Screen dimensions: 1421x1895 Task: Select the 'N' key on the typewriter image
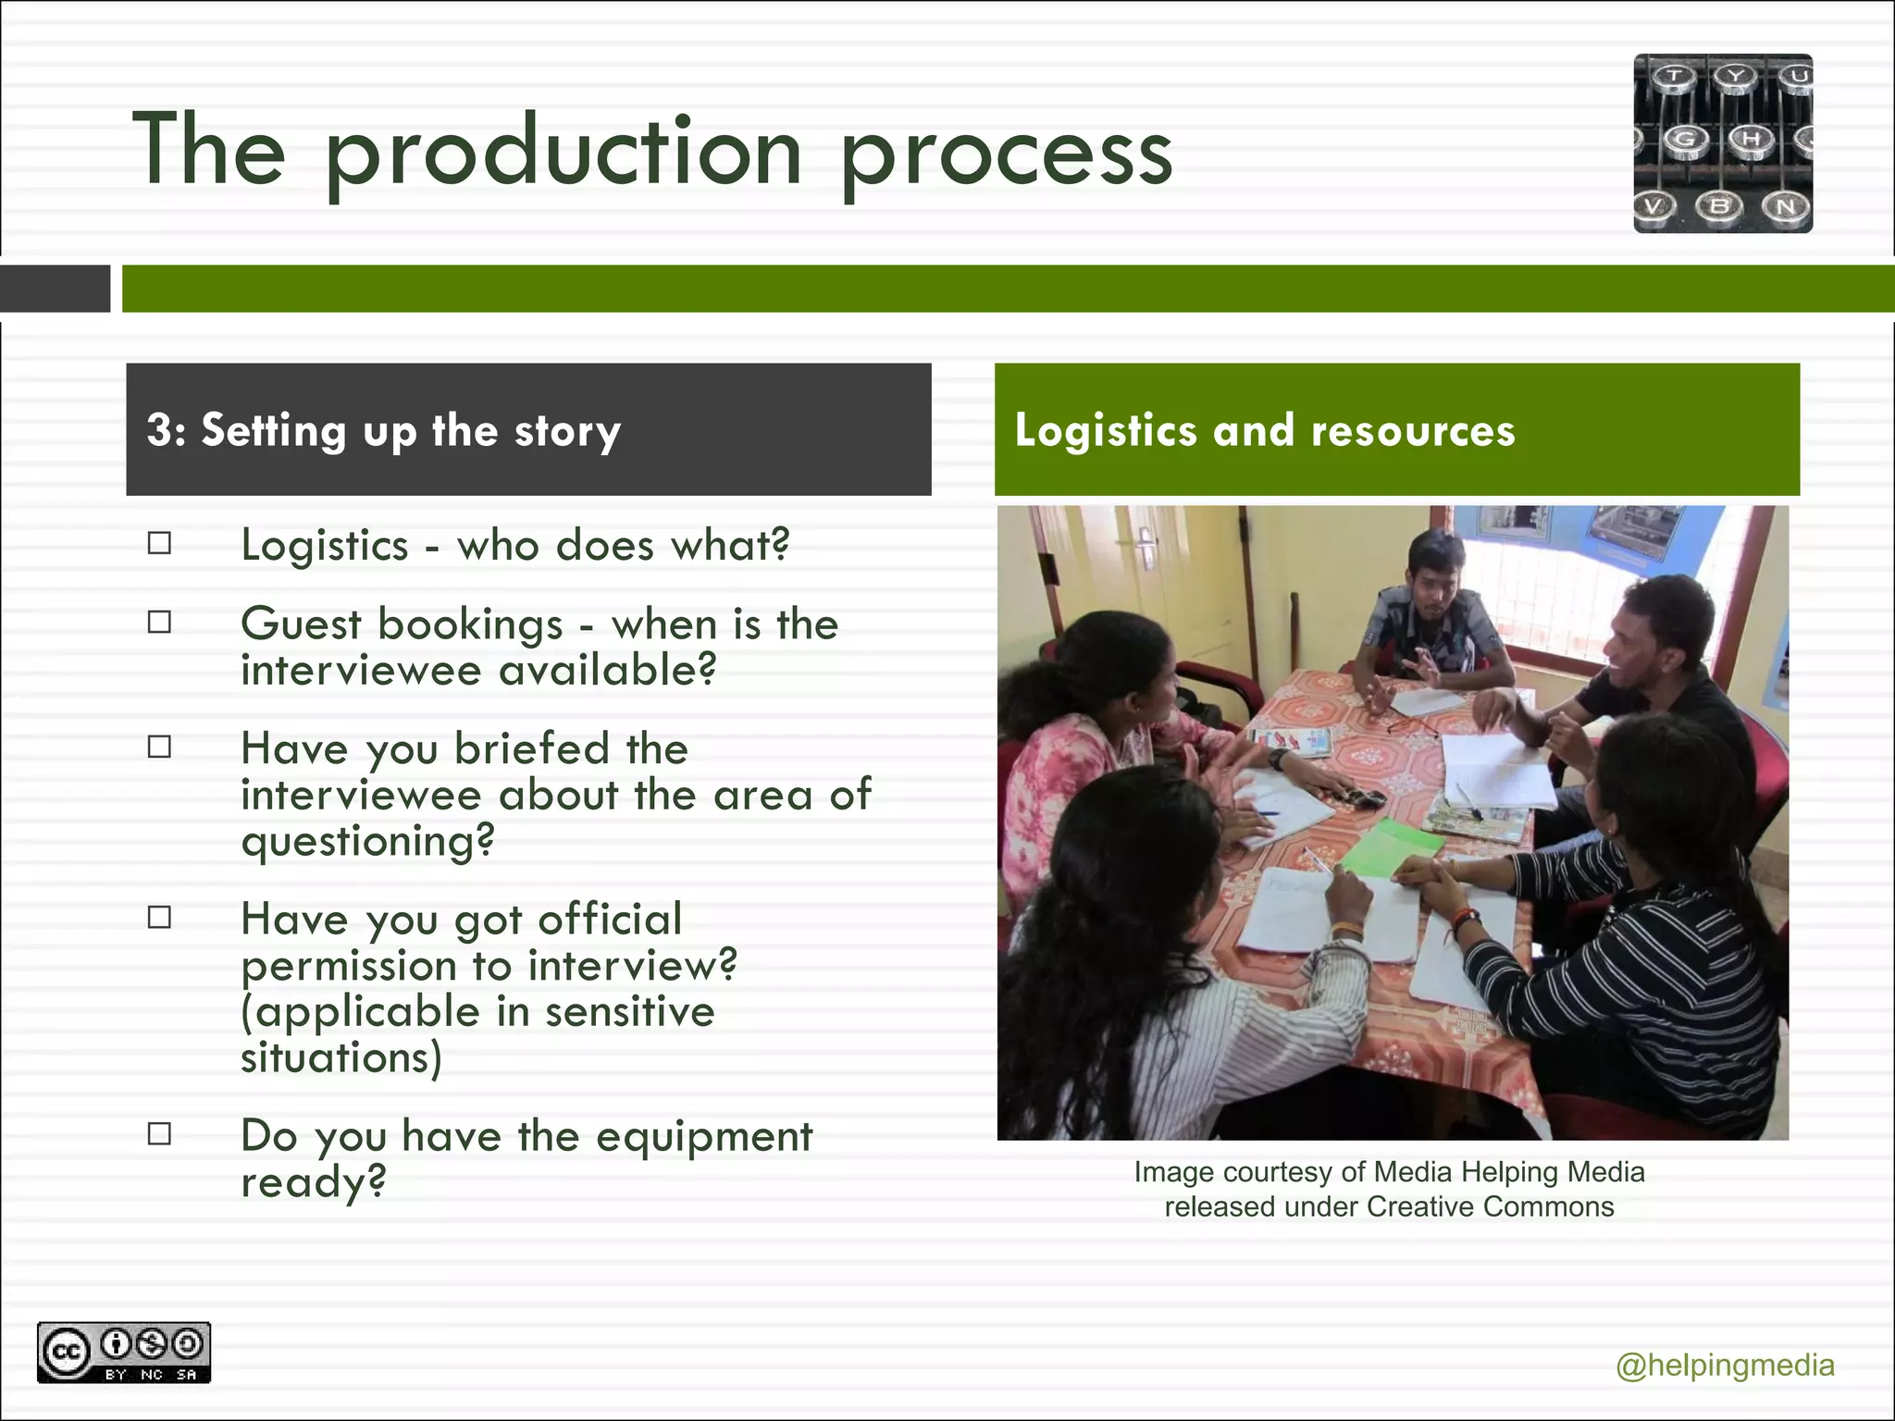pos(1785,206)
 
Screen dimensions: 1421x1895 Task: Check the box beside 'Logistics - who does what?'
pos(159,543)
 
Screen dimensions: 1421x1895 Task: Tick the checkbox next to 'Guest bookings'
pos(159,623)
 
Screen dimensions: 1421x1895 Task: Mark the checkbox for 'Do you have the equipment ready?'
pos(159,1133)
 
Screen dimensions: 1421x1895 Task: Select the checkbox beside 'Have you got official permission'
pos(159,917)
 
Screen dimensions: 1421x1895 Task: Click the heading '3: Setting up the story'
pos(383,431)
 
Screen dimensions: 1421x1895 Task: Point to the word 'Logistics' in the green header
pos(1106,431)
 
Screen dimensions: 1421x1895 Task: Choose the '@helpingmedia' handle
pos(1725,1365)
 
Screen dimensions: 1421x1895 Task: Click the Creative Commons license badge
pos(124,1353)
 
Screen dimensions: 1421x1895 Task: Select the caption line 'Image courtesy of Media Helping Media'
pos(1389,1172)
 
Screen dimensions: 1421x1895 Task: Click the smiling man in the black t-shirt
pos(1656,666)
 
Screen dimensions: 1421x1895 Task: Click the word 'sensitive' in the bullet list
pos(629,1011)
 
